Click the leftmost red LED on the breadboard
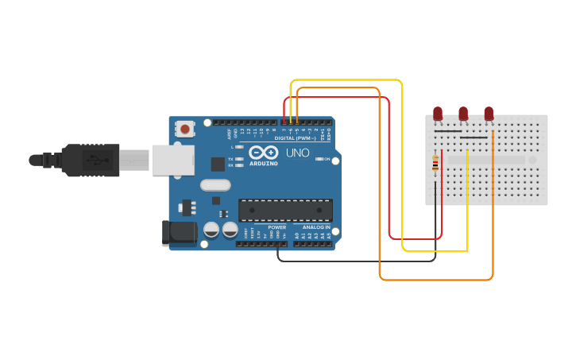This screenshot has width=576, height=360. click(x=437, y=113)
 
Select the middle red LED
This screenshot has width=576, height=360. click(x=463, y=113)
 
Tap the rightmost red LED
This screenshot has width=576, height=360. click(x=489, y=113)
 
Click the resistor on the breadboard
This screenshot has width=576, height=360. click(x=435, y=164)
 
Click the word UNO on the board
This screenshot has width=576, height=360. click(x=297, y=153)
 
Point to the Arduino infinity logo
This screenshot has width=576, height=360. click(x=263, y=153)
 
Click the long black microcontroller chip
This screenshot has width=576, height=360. click(x=285, y=210)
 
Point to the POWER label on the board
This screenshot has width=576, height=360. click(x=276, y=227)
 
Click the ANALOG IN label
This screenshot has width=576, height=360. click(x=315, y=227)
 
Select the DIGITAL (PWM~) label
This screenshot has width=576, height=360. click(x=295, y=137)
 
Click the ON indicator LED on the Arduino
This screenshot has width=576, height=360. click(x=319, y=159)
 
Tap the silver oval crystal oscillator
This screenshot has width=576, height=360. click(x=215, y=185)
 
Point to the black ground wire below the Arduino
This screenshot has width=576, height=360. click(x=358, y=261)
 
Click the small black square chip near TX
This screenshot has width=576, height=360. click(x=218, y=165)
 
